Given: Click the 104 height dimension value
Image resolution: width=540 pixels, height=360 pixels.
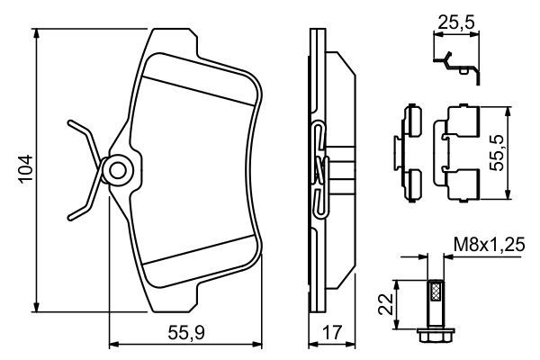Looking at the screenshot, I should (25, 169).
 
